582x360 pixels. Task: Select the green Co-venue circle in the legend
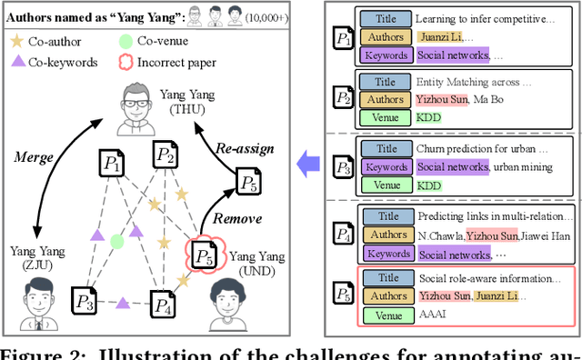124,41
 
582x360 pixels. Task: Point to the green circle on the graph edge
116,241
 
